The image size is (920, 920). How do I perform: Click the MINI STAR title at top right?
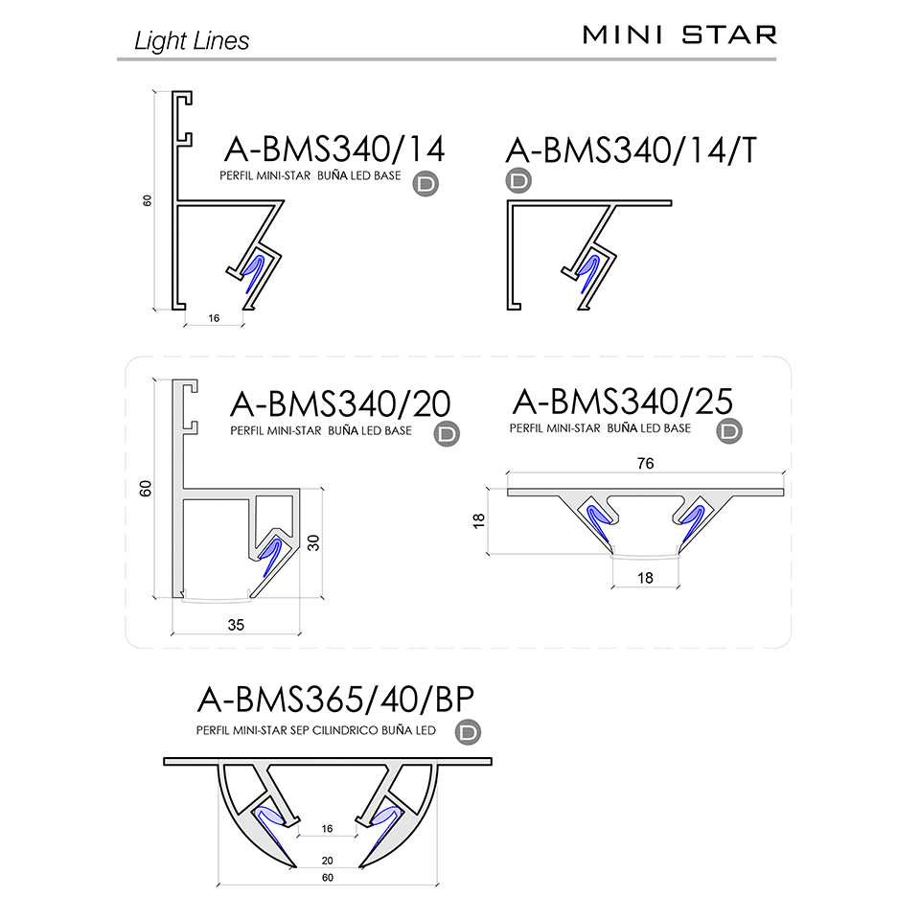pyautogui.click(x=679, y=35)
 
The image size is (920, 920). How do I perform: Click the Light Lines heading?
pyautogui.click(x=192, y=41)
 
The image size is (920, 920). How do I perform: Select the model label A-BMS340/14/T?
pyautogui.click(x=632, y=150)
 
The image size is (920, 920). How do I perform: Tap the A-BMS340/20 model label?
pyautogui.click(x=340, y=404)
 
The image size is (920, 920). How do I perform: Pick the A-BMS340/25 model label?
pyautogui.click(x=623, y=402)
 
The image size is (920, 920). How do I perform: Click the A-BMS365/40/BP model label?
pyautogui.click(x=335, y=699)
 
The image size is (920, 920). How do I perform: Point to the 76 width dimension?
pyautogui.click(x=645, y=464)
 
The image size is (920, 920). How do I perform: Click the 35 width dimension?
pyautogui.click(x=236, y=625)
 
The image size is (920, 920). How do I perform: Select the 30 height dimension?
pyautogui.click(x=314, y=542)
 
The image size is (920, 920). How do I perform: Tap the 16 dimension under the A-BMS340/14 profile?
pyautogui.click(x=214, y=318)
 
